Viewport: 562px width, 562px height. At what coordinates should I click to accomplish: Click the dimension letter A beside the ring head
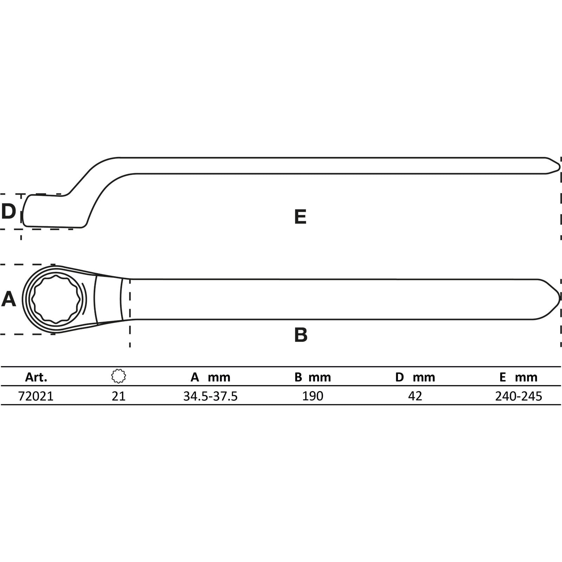pos(9,299)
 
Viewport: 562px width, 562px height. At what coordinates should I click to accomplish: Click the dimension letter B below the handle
pos(301,335)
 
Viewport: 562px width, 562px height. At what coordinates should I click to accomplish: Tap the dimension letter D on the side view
pos(8,211)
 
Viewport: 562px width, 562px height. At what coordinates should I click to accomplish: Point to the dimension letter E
pos(300,216)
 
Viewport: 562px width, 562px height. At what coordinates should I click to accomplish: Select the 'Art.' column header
pos(36,377)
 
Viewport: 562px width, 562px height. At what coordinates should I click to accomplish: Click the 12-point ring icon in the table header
pos(119,376)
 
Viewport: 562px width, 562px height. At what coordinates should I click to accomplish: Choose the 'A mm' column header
pos(210,377)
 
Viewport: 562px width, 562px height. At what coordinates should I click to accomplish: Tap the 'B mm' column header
pos(313,377)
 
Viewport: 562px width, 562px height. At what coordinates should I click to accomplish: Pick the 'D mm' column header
pos(415,377)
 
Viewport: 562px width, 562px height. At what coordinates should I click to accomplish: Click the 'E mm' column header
pos(518,377)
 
